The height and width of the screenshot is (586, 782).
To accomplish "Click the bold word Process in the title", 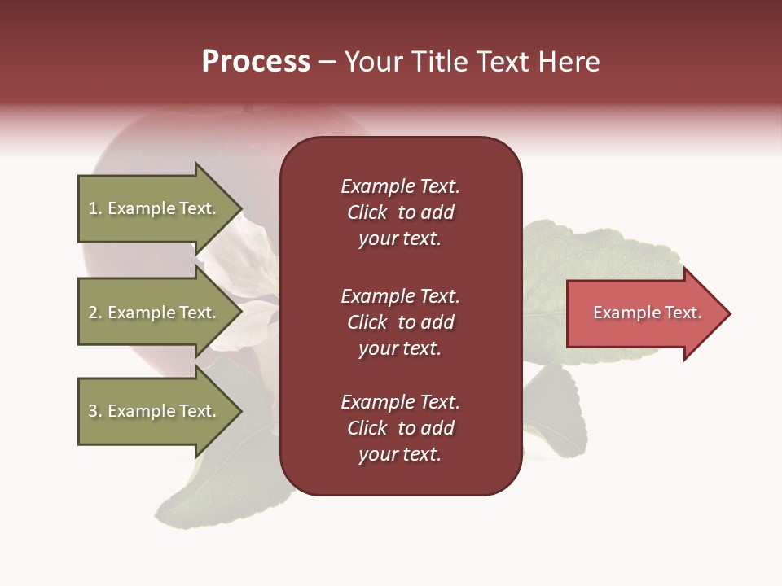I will tap(256, 62).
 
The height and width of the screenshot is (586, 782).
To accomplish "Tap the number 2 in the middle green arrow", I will tap(93, 313).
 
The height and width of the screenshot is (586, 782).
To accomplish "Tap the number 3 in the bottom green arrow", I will tap(93, 411).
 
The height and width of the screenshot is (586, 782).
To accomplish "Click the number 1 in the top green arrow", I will tap(93, 208).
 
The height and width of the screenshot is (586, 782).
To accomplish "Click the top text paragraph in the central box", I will tap(400, 212).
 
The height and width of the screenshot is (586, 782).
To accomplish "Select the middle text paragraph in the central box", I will tap(400, 322).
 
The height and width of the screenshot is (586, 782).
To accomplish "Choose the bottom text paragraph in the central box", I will tap(400, 428).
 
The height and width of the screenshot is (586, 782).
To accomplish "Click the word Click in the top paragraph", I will tap(367, 212).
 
